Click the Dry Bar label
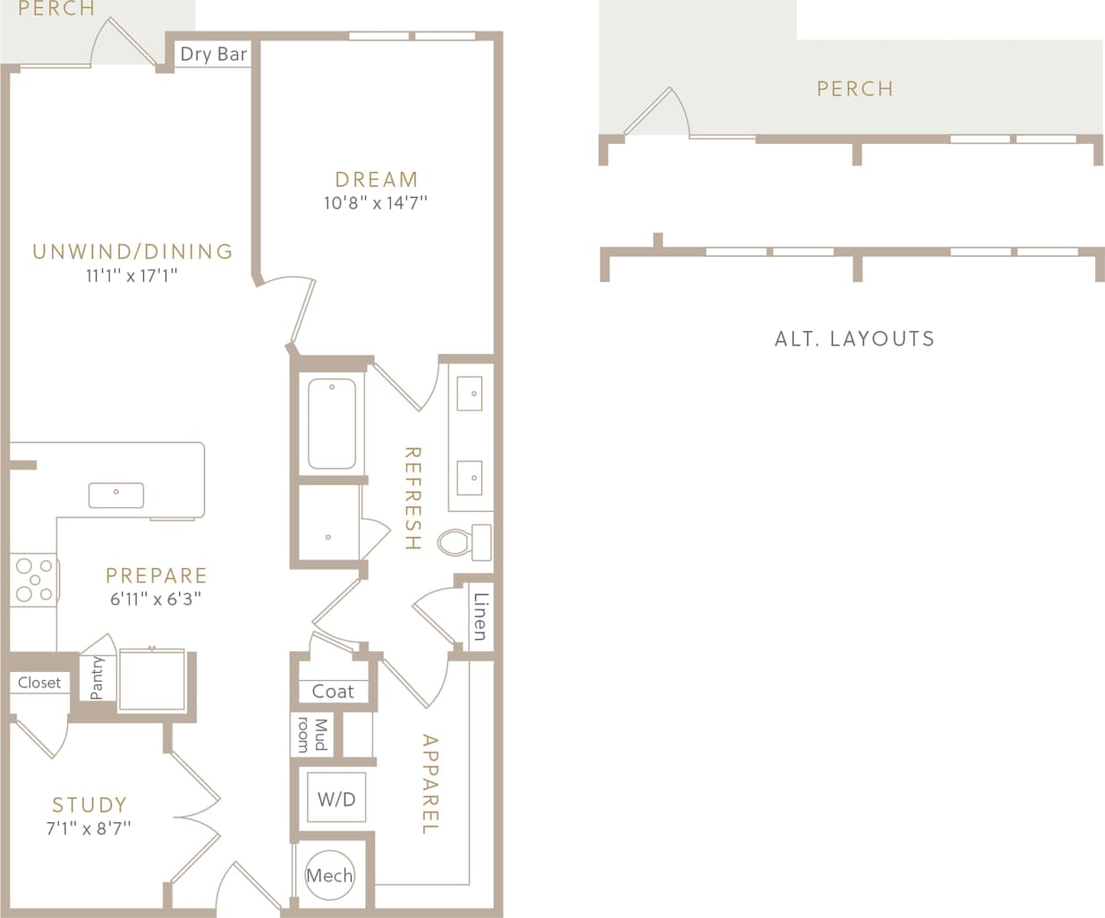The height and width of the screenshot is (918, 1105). coord(213,54)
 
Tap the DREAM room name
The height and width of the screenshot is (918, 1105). coord(376,179)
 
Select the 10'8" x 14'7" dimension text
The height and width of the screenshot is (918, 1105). coord(376,203)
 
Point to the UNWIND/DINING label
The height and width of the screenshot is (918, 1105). coord(132,251)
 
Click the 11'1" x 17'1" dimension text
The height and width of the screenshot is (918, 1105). coord(132,276)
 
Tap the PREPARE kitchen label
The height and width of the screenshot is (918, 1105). coord(157,575)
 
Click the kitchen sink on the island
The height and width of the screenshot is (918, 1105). coord(116,494)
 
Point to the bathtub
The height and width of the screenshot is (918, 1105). coord(332,424)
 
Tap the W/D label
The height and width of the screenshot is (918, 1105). coord(336,799)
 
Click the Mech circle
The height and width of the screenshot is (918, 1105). coord(329,875)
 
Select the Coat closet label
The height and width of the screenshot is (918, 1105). coord(333,691)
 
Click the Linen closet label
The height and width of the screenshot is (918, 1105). coord(480,616)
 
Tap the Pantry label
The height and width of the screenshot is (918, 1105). coord(98,677)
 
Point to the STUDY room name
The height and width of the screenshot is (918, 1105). coord(89,804)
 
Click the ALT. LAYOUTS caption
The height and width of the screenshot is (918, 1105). coord(854,338)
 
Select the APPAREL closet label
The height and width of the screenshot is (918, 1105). coord(430,785)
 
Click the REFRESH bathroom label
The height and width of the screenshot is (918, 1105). coord(412,498)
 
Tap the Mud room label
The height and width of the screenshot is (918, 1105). coord(312,734)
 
